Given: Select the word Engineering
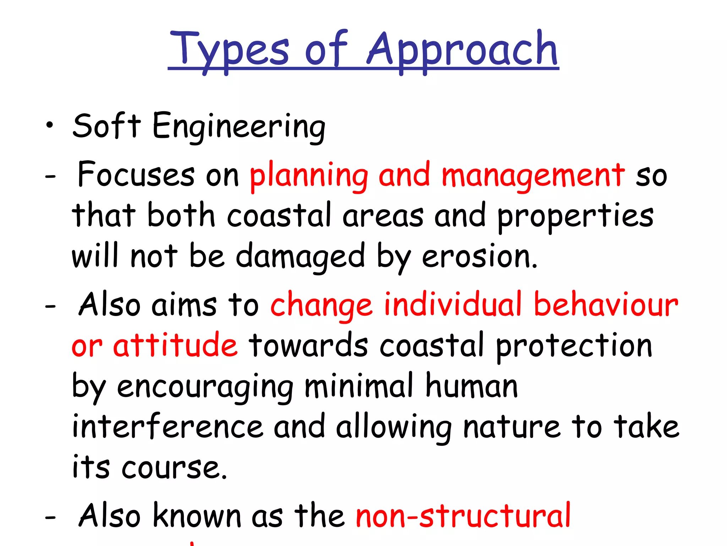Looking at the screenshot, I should pos(239,127).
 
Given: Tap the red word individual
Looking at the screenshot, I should pos(453,304).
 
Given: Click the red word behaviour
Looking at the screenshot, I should pos(606,304).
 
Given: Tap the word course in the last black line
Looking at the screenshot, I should pos(174,468).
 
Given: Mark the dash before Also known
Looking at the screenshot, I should pos(50,518).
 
